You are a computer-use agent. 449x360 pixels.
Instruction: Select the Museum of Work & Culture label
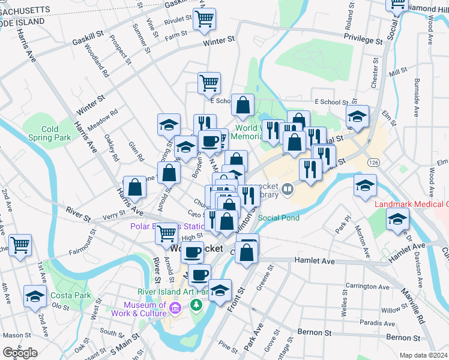[x=145, y=309]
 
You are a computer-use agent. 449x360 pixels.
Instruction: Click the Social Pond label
[x=280, y=218]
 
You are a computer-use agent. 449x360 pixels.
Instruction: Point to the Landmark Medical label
[x=411, y=205]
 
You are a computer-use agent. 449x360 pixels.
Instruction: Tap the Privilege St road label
[x=363, y=40]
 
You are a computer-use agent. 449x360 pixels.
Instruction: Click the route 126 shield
[x=374, y=163]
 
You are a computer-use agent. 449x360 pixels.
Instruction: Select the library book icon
[x=288, y=190]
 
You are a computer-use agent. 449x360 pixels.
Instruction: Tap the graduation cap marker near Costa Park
[x=35, y=296]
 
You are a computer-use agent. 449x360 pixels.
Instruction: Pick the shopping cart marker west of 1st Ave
[x=20, y=244]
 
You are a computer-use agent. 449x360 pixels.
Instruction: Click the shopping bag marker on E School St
[x=243, y=105]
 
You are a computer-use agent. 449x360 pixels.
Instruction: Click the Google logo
[x=20, y=353]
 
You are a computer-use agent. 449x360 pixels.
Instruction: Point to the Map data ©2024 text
[x=423, y=355]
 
